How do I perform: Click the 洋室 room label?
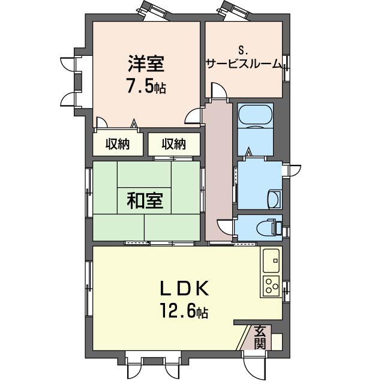[146, 64]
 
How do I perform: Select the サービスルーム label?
[244, 64]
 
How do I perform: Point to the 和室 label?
[145, 201]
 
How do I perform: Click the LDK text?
[184, 288]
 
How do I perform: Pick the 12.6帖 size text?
[184, 310]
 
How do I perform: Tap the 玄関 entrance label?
[260, 337]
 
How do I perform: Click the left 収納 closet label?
[118, 144]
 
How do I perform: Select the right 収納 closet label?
[174, 144]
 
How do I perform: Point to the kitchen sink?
[271, 261]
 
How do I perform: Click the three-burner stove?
[271, 286]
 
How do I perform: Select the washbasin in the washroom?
[274, 199]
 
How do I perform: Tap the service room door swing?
[219, 91]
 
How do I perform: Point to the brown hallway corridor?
[218, 172]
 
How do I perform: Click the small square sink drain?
[275, 261]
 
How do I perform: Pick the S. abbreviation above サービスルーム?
[243, 52]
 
